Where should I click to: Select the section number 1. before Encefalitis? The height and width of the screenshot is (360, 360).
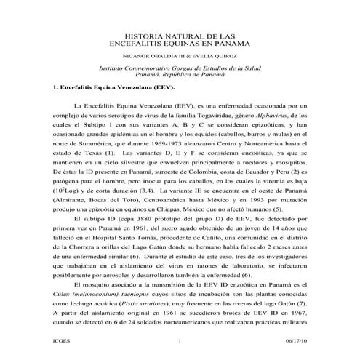[46, 87]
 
